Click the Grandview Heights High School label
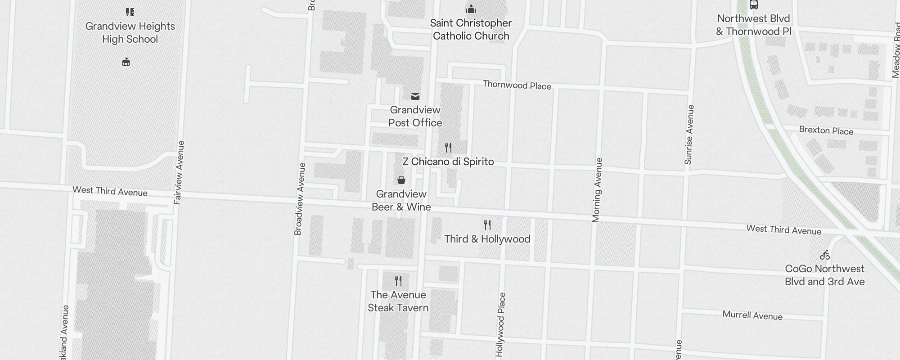(x=130, y=32)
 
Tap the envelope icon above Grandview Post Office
(x=415, y=96)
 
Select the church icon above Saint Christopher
(x=471, y=9)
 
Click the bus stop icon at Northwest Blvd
(x=754, y=5)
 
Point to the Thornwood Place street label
(x=517, y=85)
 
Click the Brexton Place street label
(x=826, y=130)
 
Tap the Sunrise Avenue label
(x=689, y=135)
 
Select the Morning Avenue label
(x=597, y=190)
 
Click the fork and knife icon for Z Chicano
(x=448, y=148)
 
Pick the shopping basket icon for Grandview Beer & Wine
(x=401, y=180)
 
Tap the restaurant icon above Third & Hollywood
(x=487, y=225)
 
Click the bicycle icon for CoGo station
(x=825, y=255)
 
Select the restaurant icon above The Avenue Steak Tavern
(x=398, y=281)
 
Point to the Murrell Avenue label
(x=752, y=315)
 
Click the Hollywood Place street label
(x=501, y=324)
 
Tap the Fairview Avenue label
(x=179, y=172)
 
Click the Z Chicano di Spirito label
(x=448, y=162)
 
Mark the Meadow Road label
(x=895, y=56)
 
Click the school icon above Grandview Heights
(x=130, y=12)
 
